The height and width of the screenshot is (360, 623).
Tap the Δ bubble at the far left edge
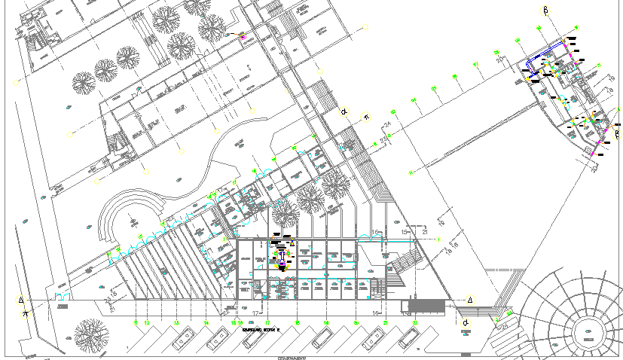click(x=21, y=300)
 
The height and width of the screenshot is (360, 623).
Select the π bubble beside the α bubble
click(x=367, y=117)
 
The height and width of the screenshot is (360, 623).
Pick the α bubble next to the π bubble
click(x=344, y=112)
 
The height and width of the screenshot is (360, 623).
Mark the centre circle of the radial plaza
click(x=585, y=333)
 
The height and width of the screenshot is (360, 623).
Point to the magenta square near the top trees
click(x=243, y=35)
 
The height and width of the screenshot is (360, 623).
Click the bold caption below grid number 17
click(x=261, y=330)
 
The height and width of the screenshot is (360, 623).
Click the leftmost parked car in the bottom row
click(x=183, y=341)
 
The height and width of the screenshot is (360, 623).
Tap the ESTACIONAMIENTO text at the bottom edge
click(x=295, y=357)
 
